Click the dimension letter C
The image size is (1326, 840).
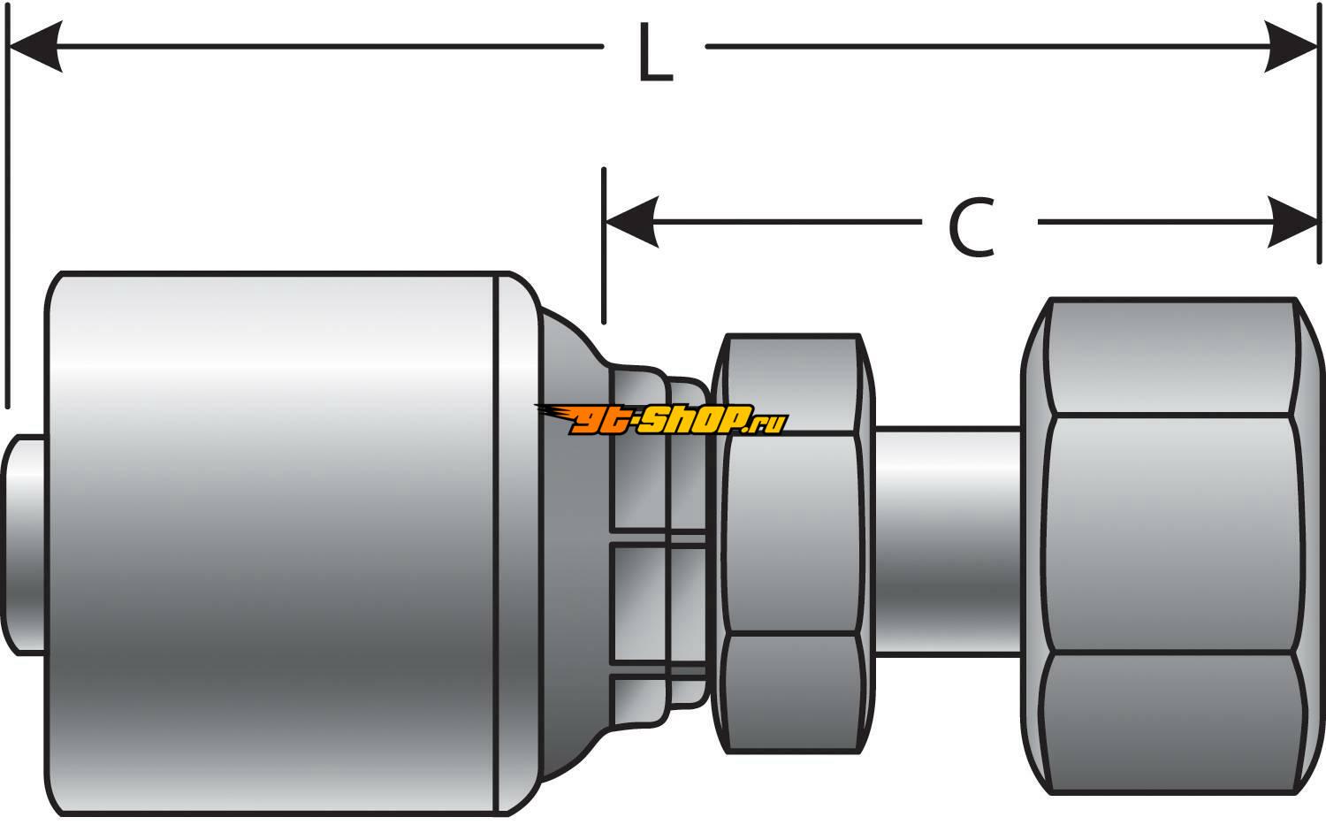click(972, 228)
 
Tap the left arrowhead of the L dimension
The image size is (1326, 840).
click(35, 46)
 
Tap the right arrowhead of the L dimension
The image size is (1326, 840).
click(1292, 46)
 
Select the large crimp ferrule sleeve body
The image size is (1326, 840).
click(274, 539)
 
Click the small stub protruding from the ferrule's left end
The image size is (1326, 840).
click(25, 544)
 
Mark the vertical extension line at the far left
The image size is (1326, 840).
click(7, 221)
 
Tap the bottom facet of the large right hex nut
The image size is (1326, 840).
click(1171, 721)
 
